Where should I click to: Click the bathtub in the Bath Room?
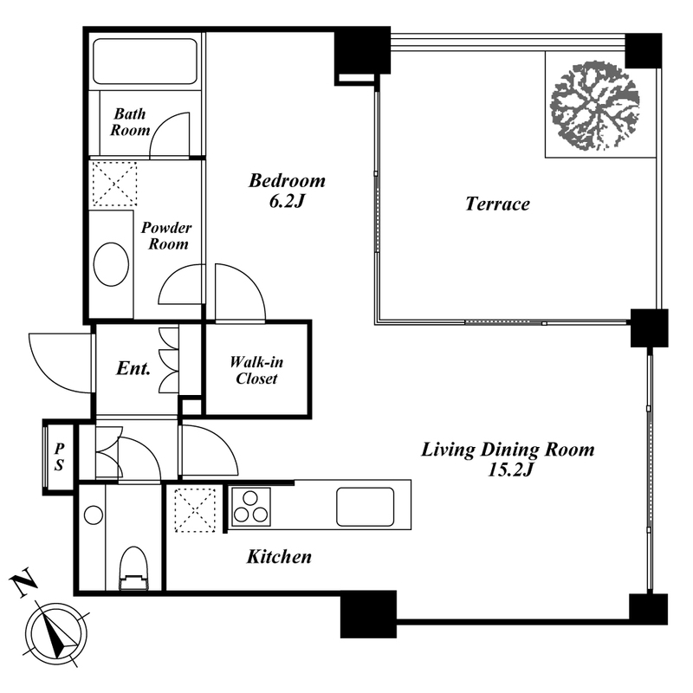(x=145, y=61)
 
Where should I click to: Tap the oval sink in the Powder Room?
(x=112, y=264)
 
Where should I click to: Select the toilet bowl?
(x=133, y=568)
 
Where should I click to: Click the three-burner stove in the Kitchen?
(x=250, y=507)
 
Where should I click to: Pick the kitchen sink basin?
(x=365, y=507)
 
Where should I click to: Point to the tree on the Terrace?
(x=594, y=107)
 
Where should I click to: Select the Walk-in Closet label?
(x=256, y=371)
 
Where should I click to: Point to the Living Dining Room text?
(x=508, y=450)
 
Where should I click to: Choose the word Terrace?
(x=497, y=204)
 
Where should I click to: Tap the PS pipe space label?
(x=59, y=457)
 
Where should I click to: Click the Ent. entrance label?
(x=133, y=368)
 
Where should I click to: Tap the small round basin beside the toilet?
(x=94, y=515)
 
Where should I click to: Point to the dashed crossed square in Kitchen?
(x=195, y=509)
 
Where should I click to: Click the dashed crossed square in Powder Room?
(x=114, y=184)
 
